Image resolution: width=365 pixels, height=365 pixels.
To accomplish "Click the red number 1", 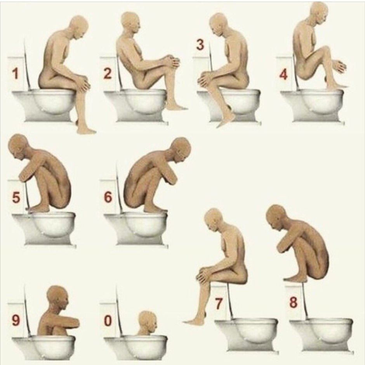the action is [16, 73].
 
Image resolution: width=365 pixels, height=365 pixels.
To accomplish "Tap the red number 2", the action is [107, 73].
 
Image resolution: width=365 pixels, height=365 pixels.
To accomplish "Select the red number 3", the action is [200, 45].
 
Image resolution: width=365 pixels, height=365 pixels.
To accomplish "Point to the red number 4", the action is [283, 75].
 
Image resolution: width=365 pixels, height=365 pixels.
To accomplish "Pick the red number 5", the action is [16, 197].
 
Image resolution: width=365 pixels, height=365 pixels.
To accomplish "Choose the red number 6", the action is [108, 197].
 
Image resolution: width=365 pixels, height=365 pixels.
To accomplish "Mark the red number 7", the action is [218, 304].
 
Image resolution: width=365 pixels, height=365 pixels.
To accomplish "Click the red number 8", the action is [293, 302].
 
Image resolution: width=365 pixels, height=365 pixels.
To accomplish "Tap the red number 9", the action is [16, 320].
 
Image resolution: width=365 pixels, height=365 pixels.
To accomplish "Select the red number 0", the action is [108, 320].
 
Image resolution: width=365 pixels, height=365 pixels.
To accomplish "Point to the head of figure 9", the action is [58, 297].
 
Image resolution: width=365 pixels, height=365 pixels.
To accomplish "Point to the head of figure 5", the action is [19, 146].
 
